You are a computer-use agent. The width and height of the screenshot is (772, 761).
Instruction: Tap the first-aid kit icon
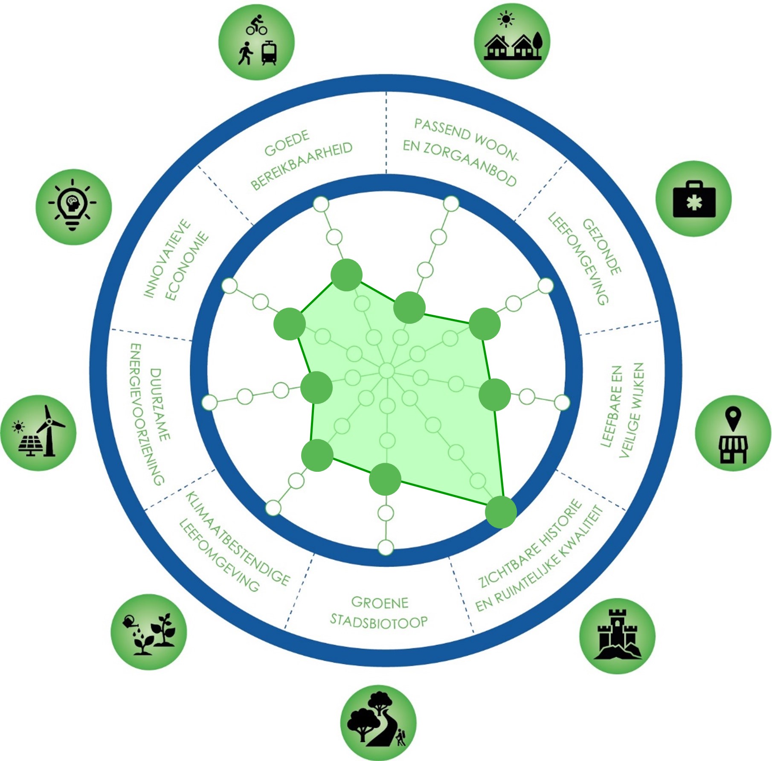pyautogui.click(x=694, y=199)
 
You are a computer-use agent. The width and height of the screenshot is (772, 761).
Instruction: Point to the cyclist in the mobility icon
pyautogui.click(x=256, y=25)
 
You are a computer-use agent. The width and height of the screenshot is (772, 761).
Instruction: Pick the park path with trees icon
pyautogui.click(x=378, y=723)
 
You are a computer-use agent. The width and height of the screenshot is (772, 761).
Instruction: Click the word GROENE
pyautogui.click(x=380, y=602)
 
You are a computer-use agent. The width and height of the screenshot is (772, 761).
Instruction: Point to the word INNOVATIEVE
pyautogui.click(x=167, y=259)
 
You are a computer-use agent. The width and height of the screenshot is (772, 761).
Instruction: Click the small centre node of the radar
pyautogui.click(x=387, y=370)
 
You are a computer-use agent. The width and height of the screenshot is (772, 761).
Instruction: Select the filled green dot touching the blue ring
pyautogui.click(x=501, y=512)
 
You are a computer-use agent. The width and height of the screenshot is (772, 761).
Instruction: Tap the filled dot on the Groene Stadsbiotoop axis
pyautogui.click(x=385, y=479)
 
